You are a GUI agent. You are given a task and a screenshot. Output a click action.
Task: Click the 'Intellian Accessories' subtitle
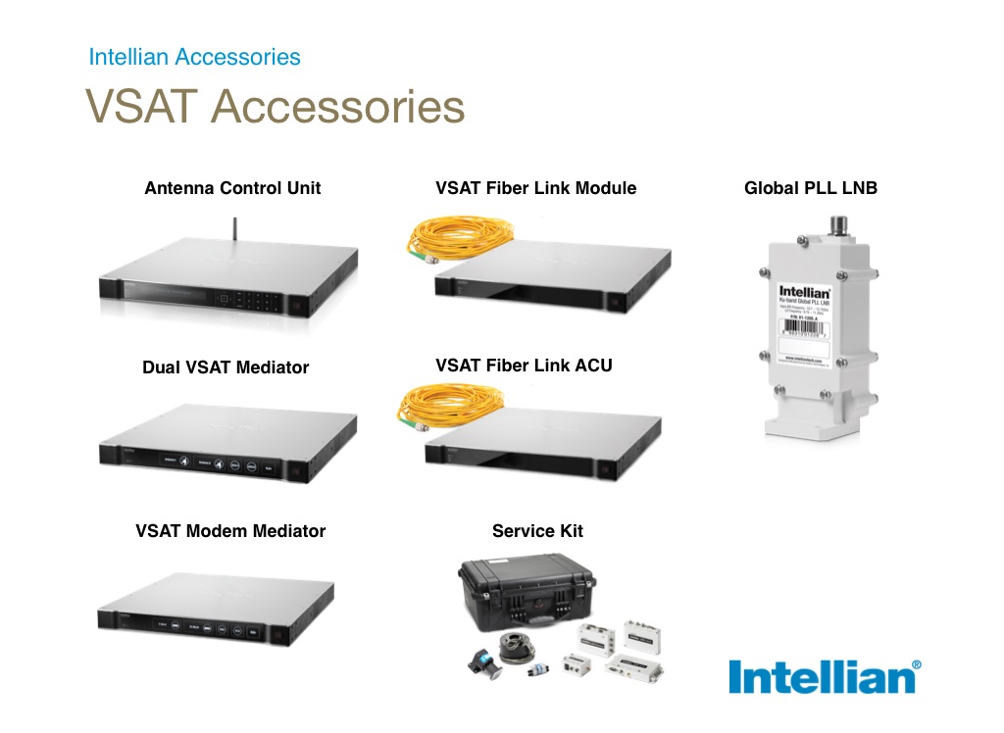(194, 57)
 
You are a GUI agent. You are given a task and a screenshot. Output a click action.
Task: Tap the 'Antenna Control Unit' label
(232, 188)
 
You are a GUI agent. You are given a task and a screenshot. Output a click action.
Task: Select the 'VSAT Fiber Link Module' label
(535, 188)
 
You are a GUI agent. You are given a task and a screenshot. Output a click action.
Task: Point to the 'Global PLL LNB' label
(810, 188)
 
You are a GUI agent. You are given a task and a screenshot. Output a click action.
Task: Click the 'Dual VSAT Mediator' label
(226, 368)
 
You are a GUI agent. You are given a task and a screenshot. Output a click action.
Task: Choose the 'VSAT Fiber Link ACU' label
(524, 366)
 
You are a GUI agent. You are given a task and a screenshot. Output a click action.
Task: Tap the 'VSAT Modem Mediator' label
(230, 531)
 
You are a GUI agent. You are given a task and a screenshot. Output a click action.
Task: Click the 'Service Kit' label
(537, 531)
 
